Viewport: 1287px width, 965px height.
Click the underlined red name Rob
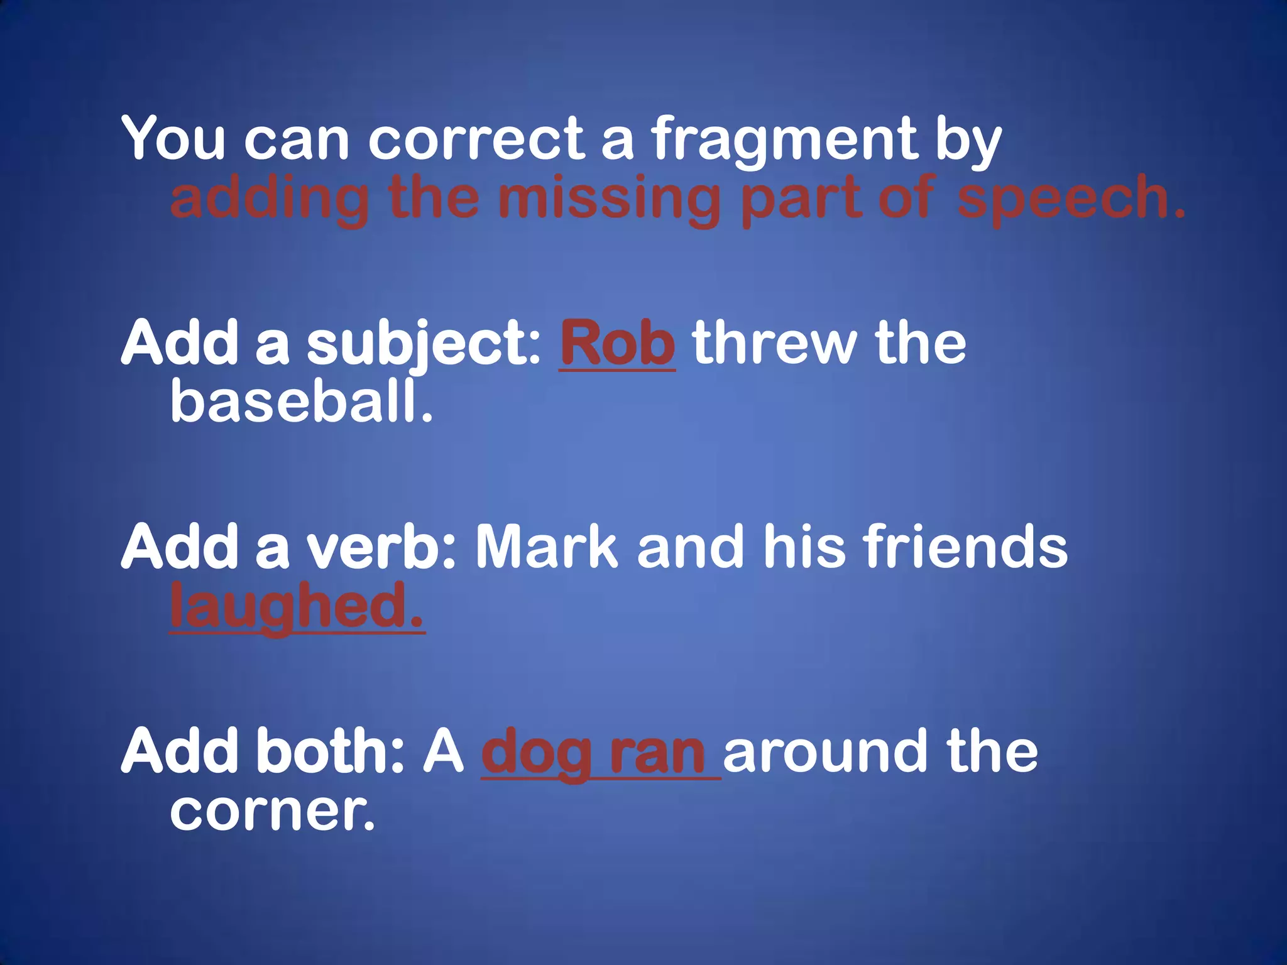click(x=617, y=344)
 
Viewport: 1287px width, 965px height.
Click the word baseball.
click(x=302, y=401)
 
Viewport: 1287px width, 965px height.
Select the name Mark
click(x=547, y=547)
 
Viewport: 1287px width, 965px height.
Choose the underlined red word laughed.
click(x=297, y=606)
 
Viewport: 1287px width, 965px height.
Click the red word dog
click(x=536, y=753)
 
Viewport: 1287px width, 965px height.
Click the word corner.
click(x=272, y=810)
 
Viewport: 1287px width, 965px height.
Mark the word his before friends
click(x=805, y=547)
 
